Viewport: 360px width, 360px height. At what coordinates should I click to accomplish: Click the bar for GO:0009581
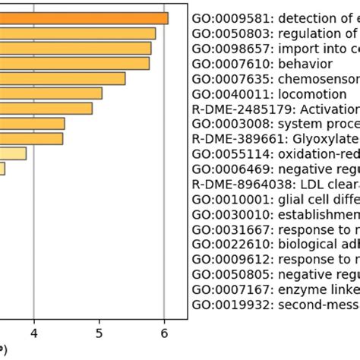(84, 18)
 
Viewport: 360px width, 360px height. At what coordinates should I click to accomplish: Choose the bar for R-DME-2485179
(46, 109)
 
